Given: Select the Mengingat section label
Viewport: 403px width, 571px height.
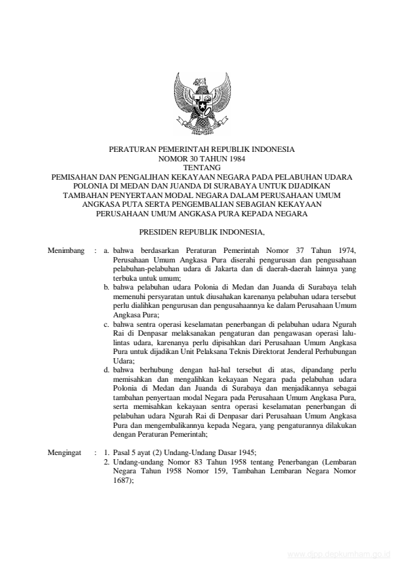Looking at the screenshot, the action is click(66, 450).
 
